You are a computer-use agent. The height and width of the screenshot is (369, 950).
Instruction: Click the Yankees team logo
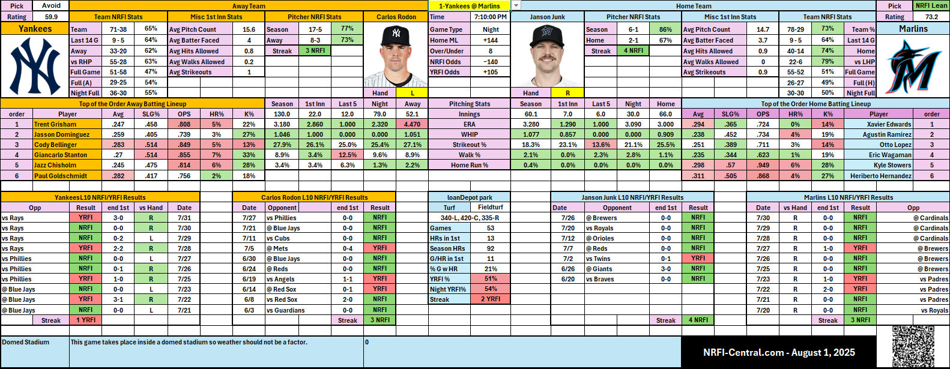pos(35,66)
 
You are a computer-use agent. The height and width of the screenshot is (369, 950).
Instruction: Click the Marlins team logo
pos(913,66)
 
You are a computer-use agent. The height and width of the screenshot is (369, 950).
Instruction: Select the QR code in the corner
pos(912,346)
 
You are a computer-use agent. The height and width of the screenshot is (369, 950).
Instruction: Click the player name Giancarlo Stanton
pos(61,155)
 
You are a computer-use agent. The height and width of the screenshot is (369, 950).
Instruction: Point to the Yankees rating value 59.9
pos(51,17)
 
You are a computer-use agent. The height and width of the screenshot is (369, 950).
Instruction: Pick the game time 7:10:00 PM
pos(491,17)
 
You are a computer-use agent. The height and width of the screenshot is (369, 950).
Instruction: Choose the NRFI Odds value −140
pos(491,62)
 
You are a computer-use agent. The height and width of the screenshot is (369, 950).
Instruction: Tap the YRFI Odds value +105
pos(491,72)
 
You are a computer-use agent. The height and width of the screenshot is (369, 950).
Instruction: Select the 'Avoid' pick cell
pos(51,5)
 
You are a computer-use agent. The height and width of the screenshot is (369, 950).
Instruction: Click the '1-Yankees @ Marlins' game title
pos(470,6)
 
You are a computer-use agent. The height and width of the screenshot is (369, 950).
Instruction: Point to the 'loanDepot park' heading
pos(470,197)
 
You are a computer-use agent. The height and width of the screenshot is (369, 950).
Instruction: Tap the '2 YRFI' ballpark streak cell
pos(491,299)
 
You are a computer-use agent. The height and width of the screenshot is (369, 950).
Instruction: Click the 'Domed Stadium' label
pos(26,342)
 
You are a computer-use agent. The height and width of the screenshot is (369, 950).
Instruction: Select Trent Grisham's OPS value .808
pos(184,124)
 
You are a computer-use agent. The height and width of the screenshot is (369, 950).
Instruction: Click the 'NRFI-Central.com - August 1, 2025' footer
pos(779,352)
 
